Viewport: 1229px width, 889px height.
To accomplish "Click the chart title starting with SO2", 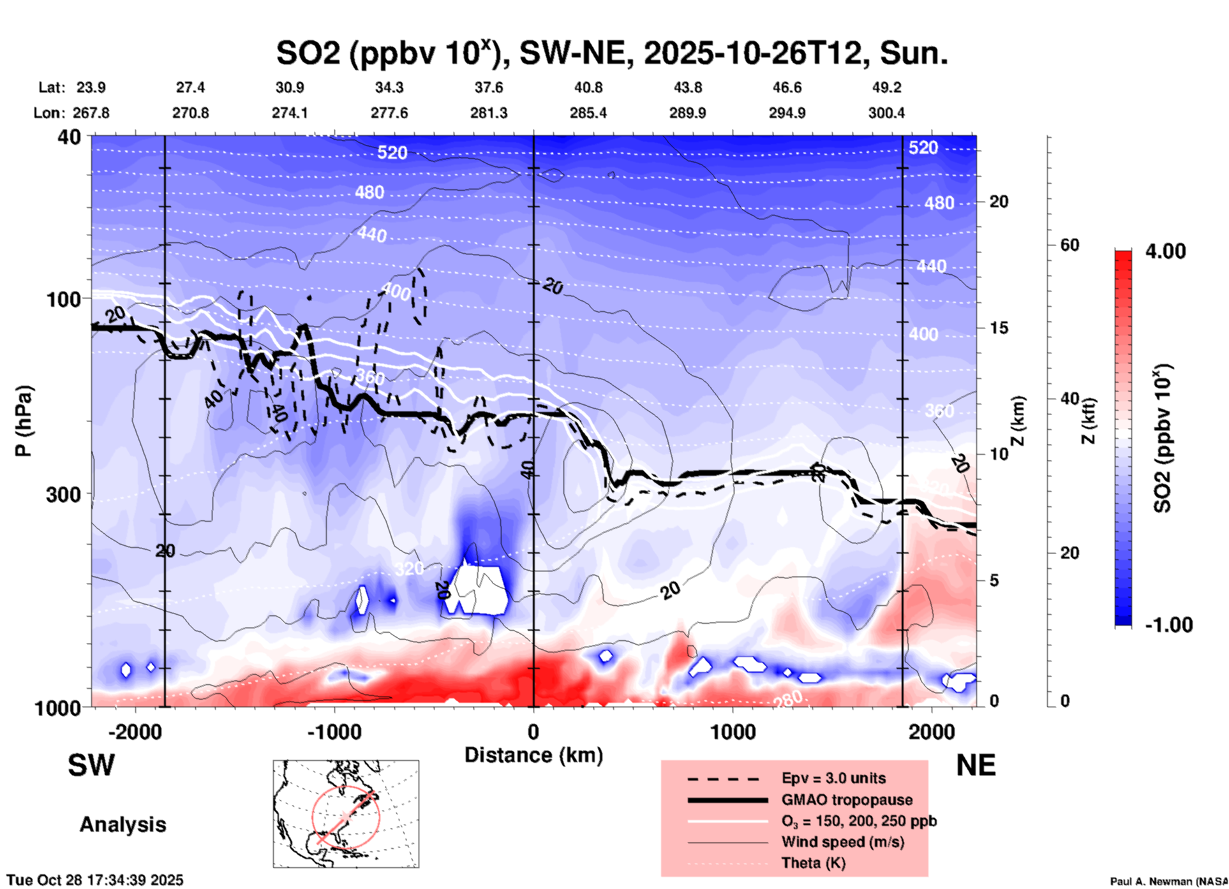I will click(x=611, y=53).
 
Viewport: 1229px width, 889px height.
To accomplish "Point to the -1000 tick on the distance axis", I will click(x=334, y=731).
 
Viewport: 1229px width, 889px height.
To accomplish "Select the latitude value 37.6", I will click(x=489, y=87).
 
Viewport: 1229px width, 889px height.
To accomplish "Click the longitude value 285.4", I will click(x=588, y=113).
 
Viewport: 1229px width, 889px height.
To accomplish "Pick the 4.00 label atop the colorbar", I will click(x=1165, y=251).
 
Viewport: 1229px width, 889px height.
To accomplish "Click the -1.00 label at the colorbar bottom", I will click(x=1168, y=624).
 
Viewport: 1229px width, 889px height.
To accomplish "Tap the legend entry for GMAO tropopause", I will click(x=847, y=800).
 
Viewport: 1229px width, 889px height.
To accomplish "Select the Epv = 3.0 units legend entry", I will click(x=833, y=778).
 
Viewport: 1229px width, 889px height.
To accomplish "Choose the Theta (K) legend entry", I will click(x=813, y=863).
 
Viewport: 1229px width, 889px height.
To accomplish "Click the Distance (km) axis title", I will click(x=533, y=755).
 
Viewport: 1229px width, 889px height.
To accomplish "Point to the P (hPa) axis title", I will click(x=24, y=421).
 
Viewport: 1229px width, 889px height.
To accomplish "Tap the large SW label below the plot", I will click(x=91, y=765).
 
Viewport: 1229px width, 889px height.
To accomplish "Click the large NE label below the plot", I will click(x=976, y=765).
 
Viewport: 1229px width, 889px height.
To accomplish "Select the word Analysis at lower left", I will click(x=123, y=825).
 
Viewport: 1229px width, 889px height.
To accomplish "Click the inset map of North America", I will click(x=346, y=814).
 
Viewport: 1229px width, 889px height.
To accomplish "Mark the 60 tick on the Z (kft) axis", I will click(x=1069, y=245).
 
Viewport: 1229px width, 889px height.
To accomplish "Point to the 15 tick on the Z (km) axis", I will click(x=999, y=328).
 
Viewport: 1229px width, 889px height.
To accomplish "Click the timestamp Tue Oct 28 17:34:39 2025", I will click(x=95, y=880).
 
